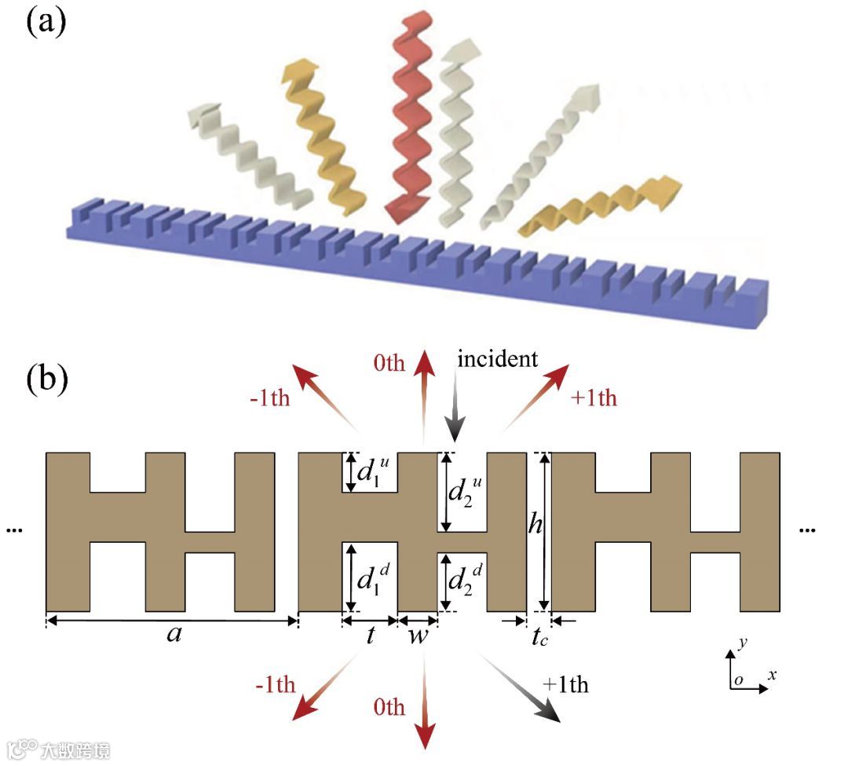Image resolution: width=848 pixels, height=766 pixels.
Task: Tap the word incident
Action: click(x=497, y=360)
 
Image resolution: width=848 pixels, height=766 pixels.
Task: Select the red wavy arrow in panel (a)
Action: click(x=408, y=118)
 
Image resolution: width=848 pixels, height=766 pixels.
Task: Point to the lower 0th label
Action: click(x=389, y=707)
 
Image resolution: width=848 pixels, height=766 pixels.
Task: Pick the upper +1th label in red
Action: click(x=594, y=398)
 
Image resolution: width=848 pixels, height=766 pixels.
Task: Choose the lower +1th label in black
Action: click(x=565, y=684)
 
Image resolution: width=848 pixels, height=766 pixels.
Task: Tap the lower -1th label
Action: click(x=275, y=684)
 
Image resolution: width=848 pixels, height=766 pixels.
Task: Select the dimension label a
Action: click(x=174, y=635)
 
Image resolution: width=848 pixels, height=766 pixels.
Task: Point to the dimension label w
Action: click(x=418, y=635)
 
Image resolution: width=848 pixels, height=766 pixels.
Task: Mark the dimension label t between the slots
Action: click(x=370, y=636)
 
